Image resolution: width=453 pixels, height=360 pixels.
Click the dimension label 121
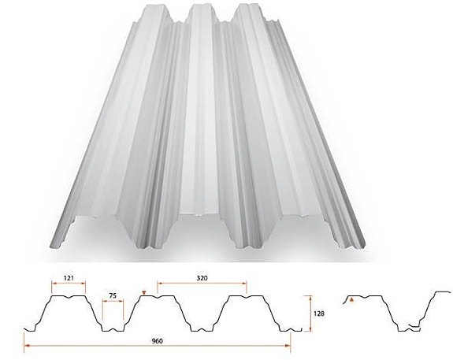point(69,278)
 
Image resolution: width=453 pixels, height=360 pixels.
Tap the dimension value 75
point(113,295)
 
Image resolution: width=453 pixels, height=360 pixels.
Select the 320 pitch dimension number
point(202,278)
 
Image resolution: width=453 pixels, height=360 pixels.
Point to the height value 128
point(318,314)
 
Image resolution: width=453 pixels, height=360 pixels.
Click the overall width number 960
point(158,341)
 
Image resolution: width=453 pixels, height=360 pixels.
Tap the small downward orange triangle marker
point(144,294)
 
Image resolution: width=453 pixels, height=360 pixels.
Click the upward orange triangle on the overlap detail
point(351,299)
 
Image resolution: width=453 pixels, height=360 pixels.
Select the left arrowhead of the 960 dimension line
point(26,345)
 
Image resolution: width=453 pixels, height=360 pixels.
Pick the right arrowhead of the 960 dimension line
point(288,345)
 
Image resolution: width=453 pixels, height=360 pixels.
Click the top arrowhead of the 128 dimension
point(311,298)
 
